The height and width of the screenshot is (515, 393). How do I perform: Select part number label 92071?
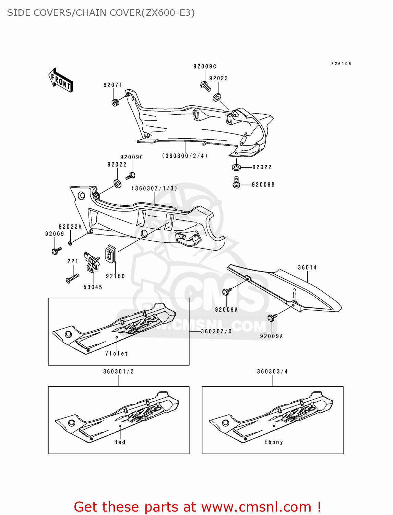113,85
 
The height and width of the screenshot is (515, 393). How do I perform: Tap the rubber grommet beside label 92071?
116,102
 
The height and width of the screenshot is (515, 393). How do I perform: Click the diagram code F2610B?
341,64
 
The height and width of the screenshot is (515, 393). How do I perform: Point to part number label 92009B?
263,185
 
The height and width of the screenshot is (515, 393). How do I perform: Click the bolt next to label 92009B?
236,182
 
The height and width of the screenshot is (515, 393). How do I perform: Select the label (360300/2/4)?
185,156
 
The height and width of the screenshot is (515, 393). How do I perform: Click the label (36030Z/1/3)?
155,188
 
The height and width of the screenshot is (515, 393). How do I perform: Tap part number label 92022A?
70,227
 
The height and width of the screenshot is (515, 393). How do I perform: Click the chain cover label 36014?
307,267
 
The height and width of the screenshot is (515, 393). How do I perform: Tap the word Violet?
117,354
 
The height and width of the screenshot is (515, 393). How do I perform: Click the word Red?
120,442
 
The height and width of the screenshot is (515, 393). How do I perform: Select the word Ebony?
274,442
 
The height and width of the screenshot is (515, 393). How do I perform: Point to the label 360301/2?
119,371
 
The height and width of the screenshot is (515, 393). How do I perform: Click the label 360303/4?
273,371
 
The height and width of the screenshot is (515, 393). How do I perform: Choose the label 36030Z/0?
216,331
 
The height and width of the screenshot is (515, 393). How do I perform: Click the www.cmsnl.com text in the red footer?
256,507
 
